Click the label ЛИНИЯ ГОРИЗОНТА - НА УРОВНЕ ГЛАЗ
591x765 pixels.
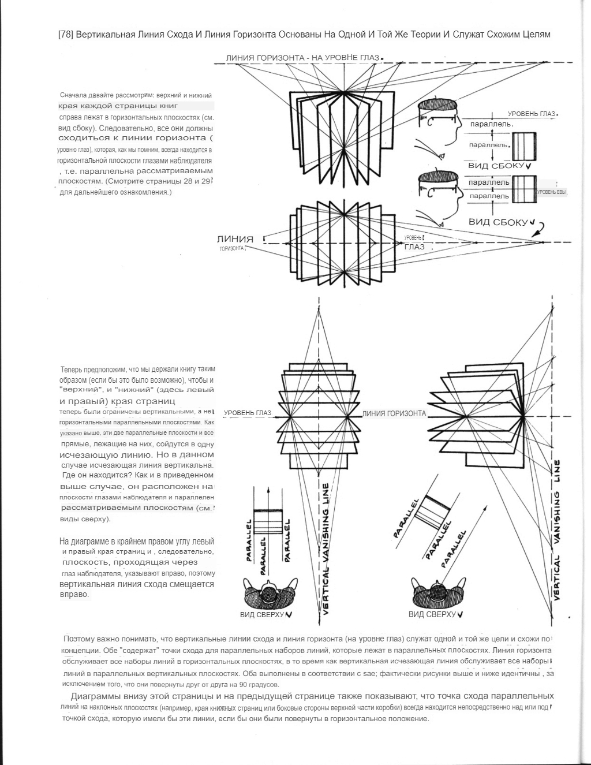[x=302, y=58]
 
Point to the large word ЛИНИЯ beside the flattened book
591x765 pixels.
[x=235, y=239]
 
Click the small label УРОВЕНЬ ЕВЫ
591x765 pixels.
[x=552, y=192]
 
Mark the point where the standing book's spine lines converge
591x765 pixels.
[x=345, y=91]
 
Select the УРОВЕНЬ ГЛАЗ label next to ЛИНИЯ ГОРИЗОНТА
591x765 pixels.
[x=247, y=413]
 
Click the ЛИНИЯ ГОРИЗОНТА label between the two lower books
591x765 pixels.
[x=394, y=413]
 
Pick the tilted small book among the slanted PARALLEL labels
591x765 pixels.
[x=437, y=509]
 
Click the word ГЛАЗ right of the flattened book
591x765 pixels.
[x=414, y=247]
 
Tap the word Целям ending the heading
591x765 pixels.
[x=536, y=35]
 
